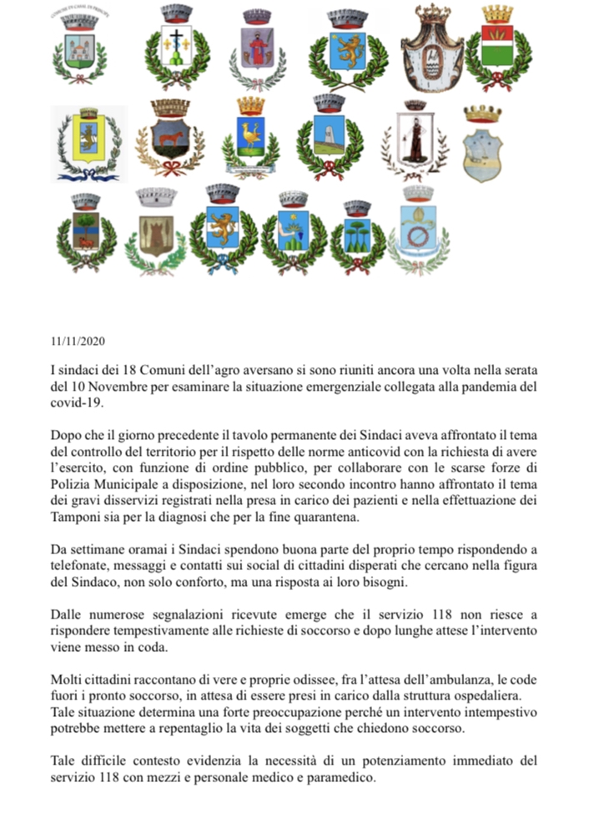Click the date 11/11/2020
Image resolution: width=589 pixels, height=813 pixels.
(x=78, y=341)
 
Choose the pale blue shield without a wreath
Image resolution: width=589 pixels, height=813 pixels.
(x=482, y=149)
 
